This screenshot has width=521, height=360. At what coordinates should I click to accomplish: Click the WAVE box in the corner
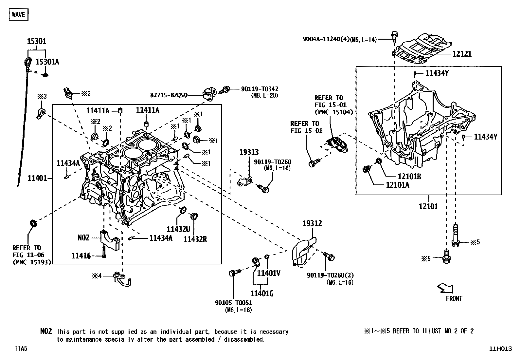click(18, 15)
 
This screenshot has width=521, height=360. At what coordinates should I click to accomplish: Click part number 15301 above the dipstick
click(36, 42)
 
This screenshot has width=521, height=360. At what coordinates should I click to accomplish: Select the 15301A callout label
click(47, 62)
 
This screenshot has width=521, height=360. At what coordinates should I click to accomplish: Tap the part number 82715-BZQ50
click(169, 95)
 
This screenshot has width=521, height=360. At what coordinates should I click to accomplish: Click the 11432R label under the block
click(195, 239)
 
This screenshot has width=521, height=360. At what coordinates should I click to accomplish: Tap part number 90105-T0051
click(234, 303)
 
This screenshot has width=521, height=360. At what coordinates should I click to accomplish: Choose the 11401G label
click(262, 294)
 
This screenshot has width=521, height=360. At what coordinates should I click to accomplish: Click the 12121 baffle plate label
click(462, 54)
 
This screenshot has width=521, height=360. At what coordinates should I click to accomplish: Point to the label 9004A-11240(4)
click(326, 40)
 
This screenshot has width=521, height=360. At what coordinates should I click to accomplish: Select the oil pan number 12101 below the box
click(428, 207)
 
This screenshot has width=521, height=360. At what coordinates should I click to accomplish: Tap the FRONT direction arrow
click(446, 288)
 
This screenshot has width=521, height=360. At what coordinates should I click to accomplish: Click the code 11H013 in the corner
click(500, 349)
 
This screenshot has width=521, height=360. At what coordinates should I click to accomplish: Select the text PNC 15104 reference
click(333, 112)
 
